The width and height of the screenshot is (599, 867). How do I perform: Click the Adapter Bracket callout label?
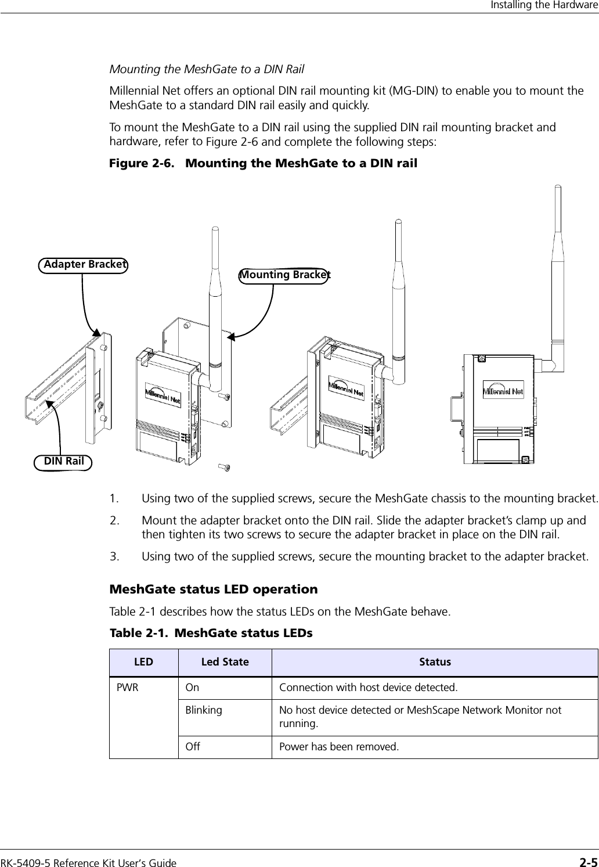[84, 264]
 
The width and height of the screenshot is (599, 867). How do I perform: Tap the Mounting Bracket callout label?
[285, 275]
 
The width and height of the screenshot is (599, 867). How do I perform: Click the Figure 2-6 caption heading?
[264, 163]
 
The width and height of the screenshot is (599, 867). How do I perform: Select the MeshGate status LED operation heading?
[214, 589]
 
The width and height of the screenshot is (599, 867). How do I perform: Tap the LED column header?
[145, 662]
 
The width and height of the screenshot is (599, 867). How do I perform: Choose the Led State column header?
[225, 662]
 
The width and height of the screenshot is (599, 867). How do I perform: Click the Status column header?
[435, 662]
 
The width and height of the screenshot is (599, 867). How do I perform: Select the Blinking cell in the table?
[203, 710]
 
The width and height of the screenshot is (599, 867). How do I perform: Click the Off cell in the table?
[193, 746]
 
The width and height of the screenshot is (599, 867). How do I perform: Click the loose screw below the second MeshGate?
[224, 466]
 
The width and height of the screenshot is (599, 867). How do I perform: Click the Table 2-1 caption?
[211, 632]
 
